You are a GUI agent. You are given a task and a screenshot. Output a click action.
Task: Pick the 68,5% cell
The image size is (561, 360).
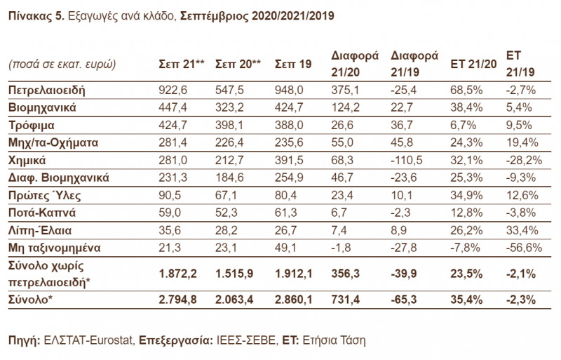[x=464, y=90]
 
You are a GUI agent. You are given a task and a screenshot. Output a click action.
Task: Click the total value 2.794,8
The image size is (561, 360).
[x=179, y=300]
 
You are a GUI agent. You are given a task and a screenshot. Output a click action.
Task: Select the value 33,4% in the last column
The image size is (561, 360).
[x=520, y=229]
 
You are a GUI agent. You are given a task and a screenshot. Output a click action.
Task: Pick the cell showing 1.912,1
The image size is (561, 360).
[x=297, y=273]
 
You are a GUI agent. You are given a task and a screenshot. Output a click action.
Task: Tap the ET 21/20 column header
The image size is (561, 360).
[x=473, y=64]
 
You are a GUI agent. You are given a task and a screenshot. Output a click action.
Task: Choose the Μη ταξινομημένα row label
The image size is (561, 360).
[x=54, y=247]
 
